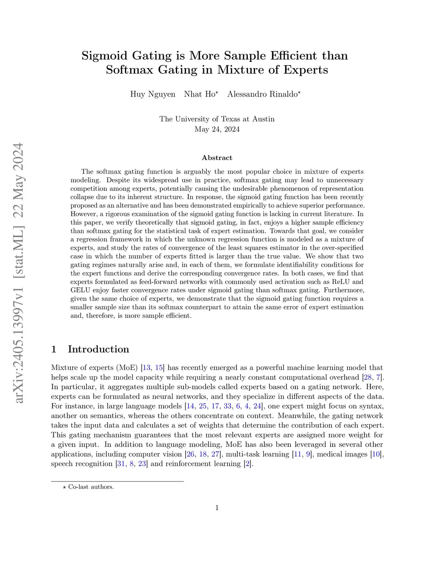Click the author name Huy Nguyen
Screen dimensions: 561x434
153,94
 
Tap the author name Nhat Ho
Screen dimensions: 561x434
199,94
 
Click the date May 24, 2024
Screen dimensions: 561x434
217,129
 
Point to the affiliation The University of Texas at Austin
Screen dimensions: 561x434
217,119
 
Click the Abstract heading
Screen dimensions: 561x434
217,158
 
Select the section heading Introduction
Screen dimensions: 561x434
98,349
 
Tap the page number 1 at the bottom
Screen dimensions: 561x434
217,508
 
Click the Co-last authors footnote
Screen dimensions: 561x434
91,487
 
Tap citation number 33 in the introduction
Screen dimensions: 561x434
228,406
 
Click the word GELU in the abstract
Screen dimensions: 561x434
81,290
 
